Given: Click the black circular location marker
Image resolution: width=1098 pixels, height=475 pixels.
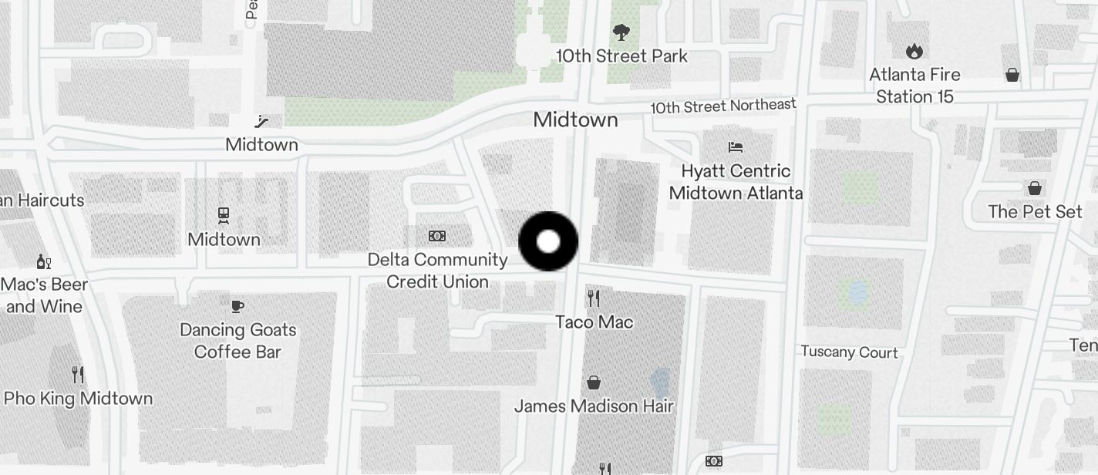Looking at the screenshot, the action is click(x=548, y=241).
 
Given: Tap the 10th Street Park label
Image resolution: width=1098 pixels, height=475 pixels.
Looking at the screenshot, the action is click(x=621, y=56).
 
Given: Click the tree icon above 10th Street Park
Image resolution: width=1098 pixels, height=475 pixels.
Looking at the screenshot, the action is click(x=621, y=32).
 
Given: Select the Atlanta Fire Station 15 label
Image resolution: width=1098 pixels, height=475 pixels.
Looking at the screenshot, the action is click(x=914, y=86).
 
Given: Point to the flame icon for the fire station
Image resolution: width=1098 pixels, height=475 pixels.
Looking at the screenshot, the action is click(x=914, y=52).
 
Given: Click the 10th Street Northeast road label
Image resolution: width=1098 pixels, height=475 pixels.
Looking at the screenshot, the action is click(x=722, y=106).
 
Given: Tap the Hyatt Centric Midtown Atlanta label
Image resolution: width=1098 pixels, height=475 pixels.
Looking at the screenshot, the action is click(x=736, y=182).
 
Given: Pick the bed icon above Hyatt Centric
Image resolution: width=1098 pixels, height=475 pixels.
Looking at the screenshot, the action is click(x=736, y=147).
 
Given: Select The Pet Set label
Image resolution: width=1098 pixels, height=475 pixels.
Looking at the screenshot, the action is click(x=1035, y=211).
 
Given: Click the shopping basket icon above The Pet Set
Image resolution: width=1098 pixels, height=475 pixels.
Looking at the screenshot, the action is click(x=1035, y=188).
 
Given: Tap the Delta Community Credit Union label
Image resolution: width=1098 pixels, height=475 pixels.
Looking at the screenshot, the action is click(x=437, y=271).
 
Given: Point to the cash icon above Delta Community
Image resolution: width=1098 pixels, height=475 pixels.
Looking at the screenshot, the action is click(x=437, y=236).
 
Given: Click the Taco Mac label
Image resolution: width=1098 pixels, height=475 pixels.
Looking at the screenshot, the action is click(x=594, y=322).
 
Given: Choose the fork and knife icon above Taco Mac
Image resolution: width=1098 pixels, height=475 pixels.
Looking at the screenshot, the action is click(x=593, y=298).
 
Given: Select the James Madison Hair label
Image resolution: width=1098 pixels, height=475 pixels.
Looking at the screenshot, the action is click(x=594, y=406).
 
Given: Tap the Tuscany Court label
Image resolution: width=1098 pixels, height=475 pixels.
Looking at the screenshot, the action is click(x=849, y=352).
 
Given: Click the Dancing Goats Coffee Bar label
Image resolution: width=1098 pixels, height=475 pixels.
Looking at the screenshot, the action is click(x=237, y=341).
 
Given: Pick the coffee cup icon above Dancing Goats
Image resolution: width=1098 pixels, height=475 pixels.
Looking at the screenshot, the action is click(x=237, y=306).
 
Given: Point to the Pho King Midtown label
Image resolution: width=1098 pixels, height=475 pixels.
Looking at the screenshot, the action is click(x=78, y=399).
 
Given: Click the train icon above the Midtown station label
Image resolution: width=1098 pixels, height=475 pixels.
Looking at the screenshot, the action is click(x=224, y=215).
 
